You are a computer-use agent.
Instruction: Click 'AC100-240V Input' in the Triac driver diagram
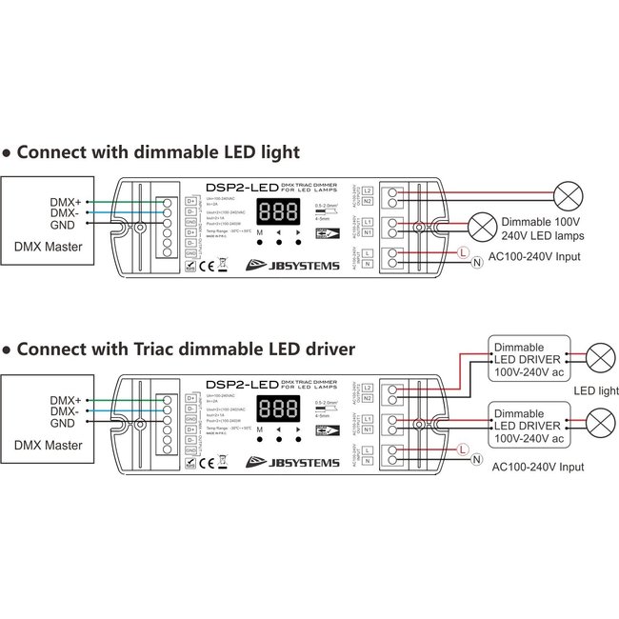(538, 468)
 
